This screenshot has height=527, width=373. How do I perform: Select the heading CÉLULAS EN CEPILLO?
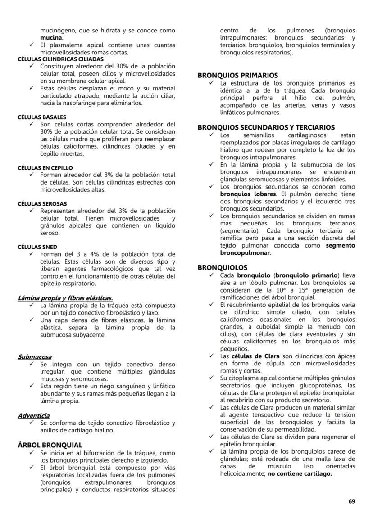(45, 168)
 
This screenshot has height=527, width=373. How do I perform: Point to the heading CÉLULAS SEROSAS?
(42, 204)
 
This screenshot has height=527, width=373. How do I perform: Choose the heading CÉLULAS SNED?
(37, 247)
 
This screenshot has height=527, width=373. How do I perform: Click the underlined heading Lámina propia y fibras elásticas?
(65, 298)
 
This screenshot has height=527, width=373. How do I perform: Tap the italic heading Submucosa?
(35, 357)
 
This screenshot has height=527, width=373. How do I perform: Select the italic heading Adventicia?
(34, 415)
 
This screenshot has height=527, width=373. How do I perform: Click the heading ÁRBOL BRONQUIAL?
(50, 445)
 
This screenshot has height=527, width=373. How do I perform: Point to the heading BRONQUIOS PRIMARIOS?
(238, 76)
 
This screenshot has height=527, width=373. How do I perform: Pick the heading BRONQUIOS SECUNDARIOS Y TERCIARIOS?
(266, 127)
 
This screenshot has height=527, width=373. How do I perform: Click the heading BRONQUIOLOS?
(223, 267)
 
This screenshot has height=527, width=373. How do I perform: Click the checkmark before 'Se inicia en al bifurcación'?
(31, 453)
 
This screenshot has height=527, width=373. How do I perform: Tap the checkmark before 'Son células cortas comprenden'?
(31, 124)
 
